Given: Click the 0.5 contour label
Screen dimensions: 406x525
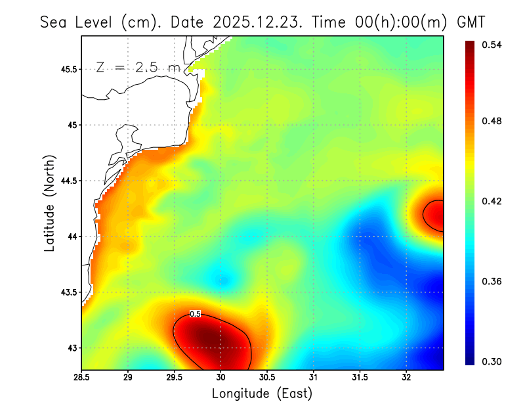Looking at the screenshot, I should pos(195,314).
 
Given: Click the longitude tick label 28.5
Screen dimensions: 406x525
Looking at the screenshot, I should pos(82,378).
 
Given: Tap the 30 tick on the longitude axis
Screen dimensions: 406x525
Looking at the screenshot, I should pos(221,378).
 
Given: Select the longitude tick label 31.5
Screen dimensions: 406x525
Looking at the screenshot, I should pos(360,378).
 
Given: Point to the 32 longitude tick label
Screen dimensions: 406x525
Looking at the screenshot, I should pos(407,378).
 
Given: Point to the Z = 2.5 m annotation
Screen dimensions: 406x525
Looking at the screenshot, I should pos(138,67).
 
